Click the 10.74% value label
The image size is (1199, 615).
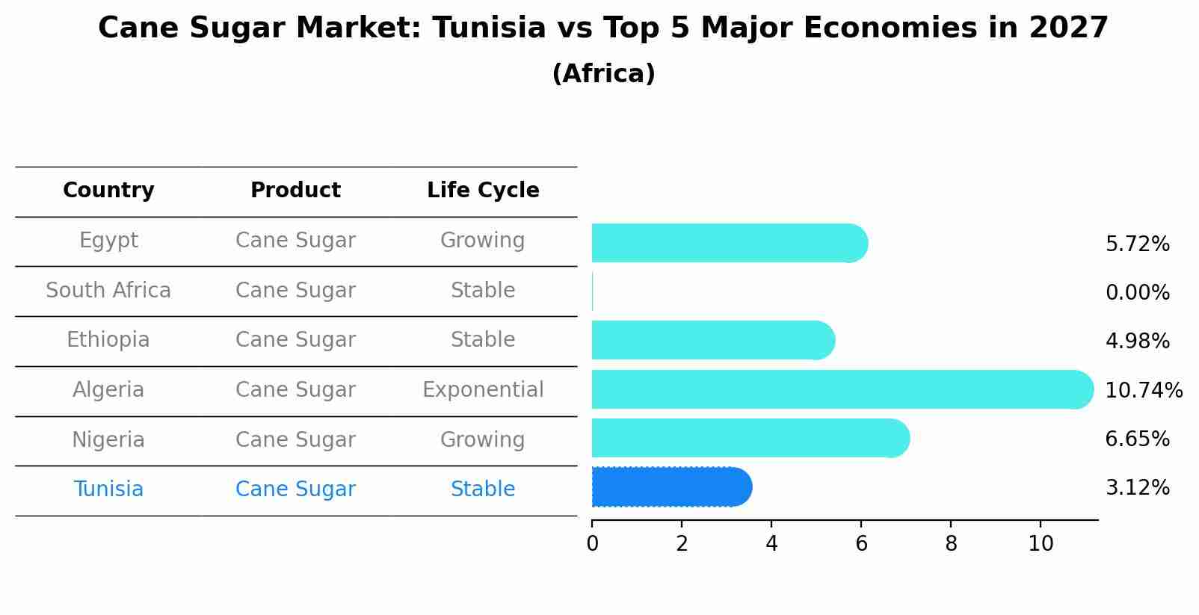(x=1143, y=390)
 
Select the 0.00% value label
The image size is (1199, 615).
(x=1137, y=292)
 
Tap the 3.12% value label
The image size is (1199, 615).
(x=1137, y=487)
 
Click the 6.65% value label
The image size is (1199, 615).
(x=1137, y=439)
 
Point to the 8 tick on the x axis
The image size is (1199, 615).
(x=951, y=543)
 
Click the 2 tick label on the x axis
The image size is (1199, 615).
(x=682, y=543)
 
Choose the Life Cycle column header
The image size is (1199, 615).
(x=483, y=191)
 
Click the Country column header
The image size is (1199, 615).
(x=108, y=191)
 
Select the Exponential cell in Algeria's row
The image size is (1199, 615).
(x=483, y=389)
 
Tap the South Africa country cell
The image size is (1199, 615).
(x=108, y=290)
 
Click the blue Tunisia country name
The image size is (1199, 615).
(x=108, y=489)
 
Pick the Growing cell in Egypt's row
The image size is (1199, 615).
(x=483, y=240)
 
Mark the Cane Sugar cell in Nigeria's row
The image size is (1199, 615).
(x=295, y=439)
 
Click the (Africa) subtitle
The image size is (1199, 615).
(x=603, y=73)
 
